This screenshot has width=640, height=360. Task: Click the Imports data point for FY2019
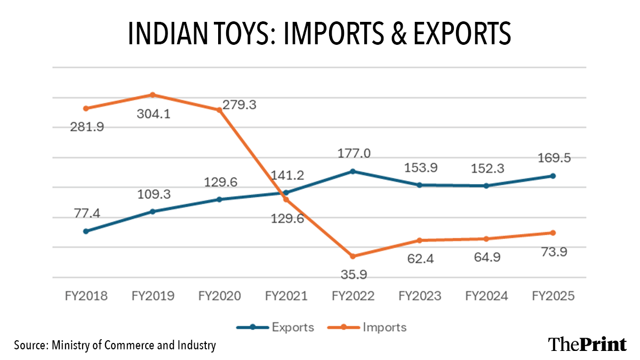click(152, 95)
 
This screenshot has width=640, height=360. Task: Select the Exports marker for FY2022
click(353, 171)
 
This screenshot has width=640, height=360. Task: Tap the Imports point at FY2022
click(353, 256)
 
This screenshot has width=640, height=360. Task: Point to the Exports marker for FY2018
click(85, 231)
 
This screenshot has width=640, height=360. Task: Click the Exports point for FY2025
click(553, 176)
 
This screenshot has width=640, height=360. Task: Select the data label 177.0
click(354, 154)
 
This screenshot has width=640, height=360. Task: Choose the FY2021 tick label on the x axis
click(286, 296)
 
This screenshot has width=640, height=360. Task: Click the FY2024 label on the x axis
click(486, 296)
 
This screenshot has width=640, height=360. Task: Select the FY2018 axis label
click(85, 296)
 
